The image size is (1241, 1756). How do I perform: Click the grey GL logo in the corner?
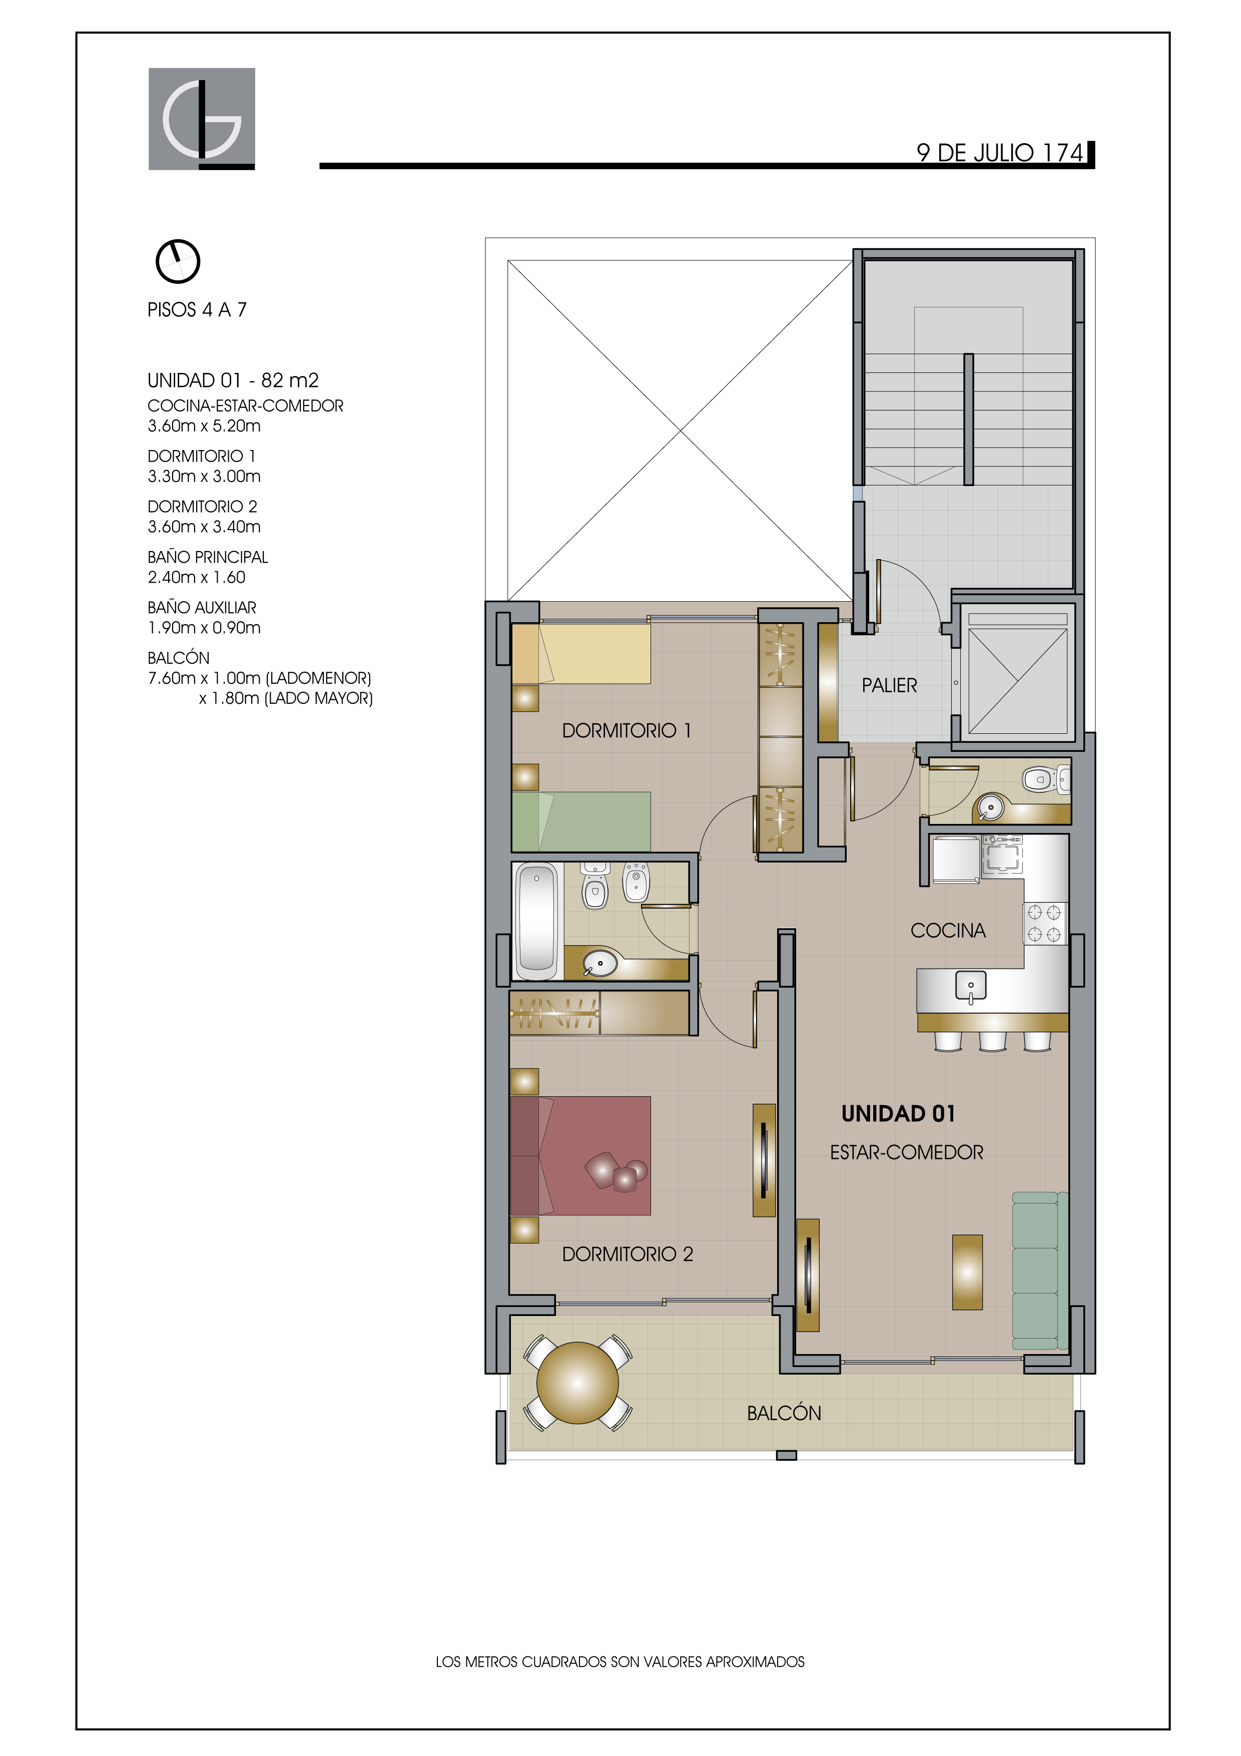pyautogui.click(x=201, y=119)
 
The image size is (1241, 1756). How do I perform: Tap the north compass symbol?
pyautogui.click(x=178, y=262)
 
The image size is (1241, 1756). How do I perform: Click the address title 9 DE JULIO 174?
pyautogui.click(x=1000, y=153)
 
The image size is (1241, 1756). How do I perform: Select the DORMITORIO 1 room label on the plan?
pyautogui.click(x=626, y=730)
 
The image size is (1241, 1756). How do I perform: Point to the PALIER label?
pyautogui.click(x=889, y=685)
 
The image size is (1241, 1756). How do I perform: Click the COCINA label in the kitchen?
pyautogui.click(x=948, y=930)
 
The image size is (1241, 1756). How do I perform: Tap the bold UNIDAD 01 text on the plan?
pyautogui.click(x=898, y=1114)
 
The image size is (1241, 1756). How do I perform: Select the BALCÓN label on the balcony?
pyautogui.click(x=784, y=1413)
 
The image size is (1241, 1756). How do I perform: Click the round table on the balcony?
pyautogui.click(x=578, y=1383)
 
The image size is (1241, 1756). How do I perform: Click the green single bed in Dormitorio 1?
pyautogui.click(x=581, y=821)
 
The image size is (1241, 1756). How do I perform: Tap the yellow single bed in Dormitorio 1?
pyautogui.click(x=581, y=654)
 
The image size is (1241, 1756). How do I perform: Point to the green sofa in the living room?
pyautogui.click(x=1040, y=1270)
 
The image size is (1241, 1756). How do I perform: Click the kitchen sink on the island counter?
pyautogui.click(x=971, y=987)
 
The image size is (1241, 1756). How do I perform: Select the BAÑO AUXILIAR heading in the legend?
pyautogui.click(x=202, y=607)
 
